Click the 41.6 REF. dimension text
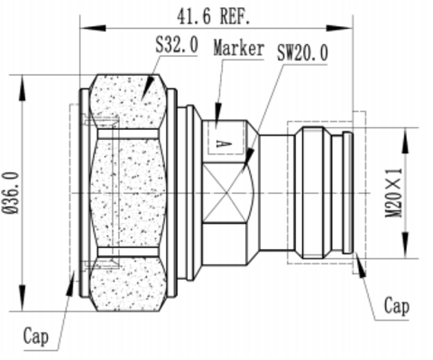(214, 16)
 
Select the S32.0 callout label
(177, 44)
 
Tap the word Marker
(239, 48)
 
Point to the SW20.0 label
(302, 52)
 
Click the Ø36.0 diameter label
(12, 193)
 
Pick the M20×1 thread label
(393, 193)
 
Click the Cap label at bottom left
(36, 336)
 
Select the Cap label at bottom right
(397, 306)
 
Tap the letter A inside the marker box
(224, 143)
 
